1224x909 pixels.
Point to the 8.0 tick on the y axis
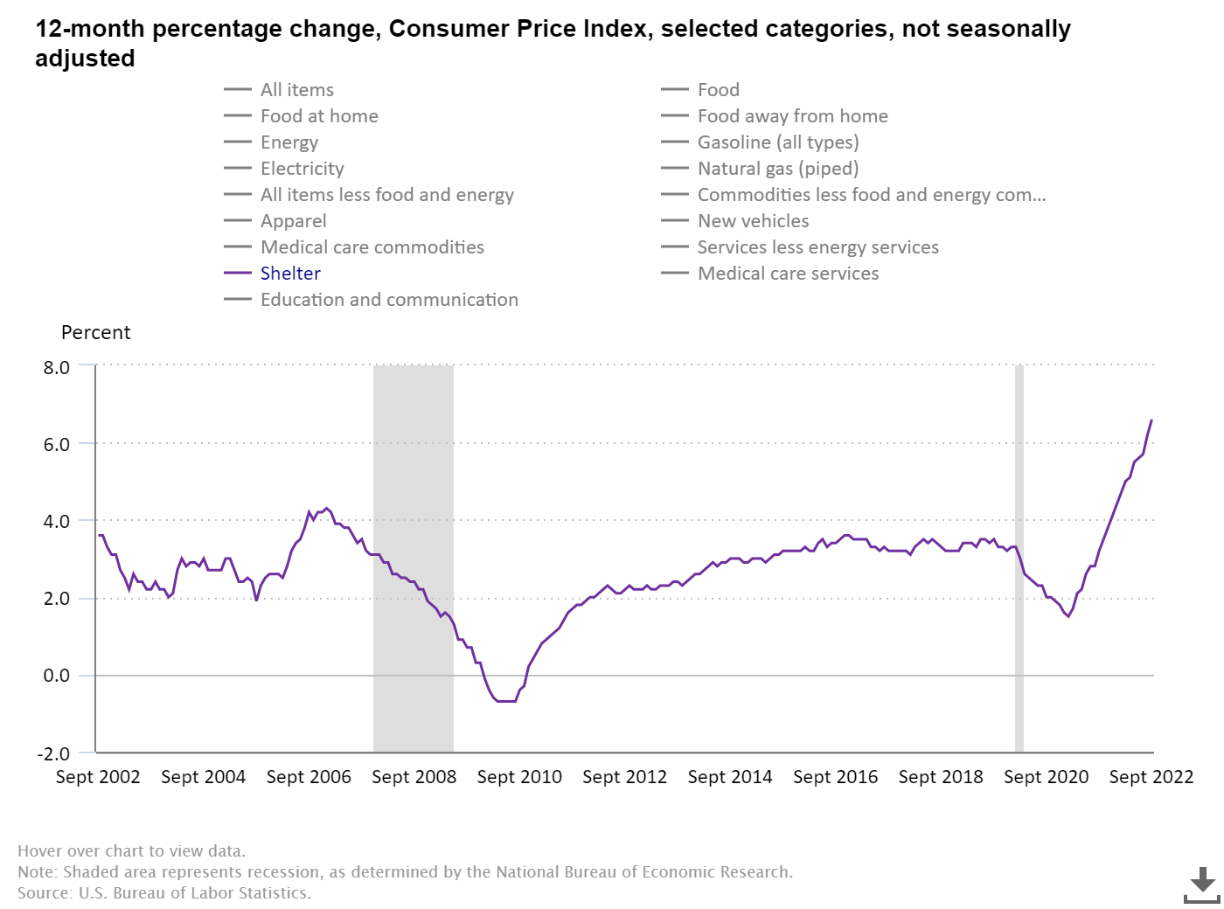pyautogui.click(x=57, y=367)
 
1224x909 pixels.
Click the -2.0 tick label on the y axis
pyautogui.click(x=53, y=753)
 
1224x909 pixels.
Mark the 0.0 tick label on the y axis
pyautogui.click(x=57, y=676)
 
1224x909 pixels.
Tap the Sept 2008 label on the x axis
pyautogui.click(x=414, y=777)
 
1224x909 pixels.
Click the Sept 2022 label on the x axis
pyautogui.click(x=1151, y=777)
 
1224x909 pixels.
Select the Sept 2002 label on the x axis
pyautogui.click(x=98, y=777)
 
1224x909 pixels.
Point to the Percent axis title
pyautogui.click(x=95, y=333)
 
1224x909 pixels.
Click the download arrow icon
pyautogui.click(x=1202, y=885)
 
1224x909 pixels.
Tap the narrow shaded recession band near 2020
pyautogui.click(x=1019, y=559)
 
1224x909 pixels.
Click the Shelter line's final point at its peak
pyautogui.click(x=1151, y=420)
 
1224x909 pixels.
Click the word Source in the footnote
pyautogui.click(x=44, y=893)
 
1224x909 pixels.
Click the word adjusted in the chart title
pyautogui.click(x=85, y=59)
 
